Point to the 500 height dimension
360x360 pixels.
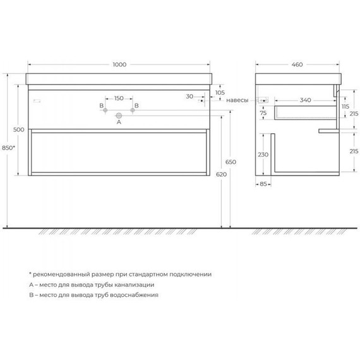coord(19,129)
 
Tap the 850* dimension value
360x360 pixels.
coord(9,147)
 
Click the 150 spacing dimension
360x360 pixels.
coord(117,99)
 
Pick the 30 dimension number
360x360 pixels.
coord(189,97)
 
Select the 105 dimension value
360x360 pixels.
coord(220,93)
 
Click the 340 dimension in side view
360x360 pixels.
coord(305,100)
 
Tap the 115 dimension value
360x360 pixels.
coord(344,107)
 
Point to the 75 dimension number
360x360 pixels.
coord(263,112)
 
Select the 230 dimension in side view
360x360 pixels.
coord(263,154)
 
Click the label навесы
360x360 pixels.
coord(238,100)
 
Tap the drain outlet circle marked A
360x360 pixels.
coord(117,115)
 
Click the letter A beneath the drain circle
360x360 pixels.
coord(117,123)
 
